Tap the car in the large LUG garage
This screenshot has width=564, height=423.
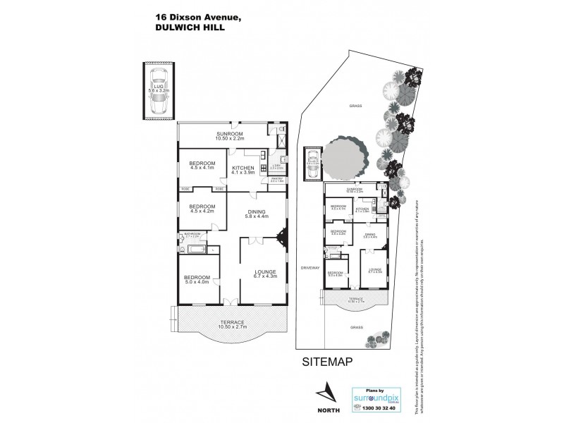[x=159, y=101]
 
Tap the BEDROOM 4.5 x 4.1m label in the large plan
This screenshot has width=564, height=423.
[x=200, y=165]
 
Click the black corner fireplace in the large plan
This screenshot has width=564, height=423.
[x=283, y=237]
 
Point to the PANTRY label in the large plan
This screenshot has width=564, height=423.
[x=277, y=180]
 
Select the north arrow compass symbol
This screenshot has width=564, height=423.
[x=326, y=391]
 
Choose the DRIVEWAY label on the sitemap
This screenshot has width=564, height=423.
[x=311, y=267]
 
